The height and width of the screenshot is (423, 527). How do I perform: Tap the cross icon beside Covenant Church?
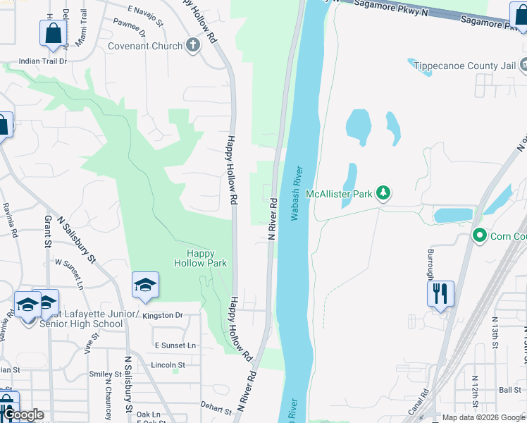[x=194, y=45]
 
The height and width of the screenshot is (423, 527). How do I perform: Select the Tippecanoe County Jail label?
[x=464, y=66]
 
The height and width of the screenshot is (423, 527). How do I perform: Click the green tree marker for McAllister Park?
[x=383, y=192]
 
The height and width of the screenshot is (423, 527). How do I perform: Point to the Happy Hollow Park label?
[x=201, y=258]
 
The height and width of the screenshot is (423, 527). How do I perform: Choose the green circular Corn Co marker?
[x=480, y=235]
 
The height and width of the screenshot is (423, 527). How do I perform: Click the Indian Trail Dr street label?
[x=42, y=61]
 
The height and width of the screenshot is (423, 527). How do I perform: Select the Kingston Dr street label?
[x=162, y=315]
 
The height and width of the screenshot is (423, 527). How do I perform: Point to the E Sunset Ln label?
[x=175, y=345]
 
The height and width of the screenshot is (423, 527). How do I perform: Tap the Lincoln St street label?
[x=168, y=365]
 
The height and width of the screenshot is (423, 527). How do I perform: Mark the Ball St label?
[x=509, y=389]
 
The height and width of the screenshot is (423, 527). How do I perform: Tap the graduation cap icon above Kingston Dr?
[x=145, y=284]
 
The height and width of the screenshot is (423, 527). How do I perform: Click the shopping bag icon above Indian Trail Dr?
[x=54, y=32]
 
